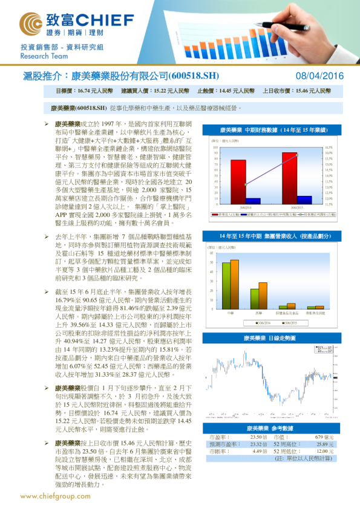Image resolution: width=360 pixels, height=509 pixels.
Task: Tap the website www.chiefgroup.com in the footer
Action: (x=55, y=496)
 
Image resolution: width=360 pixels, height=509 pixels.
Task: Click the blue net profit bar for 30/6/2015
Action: (x=304, y=199)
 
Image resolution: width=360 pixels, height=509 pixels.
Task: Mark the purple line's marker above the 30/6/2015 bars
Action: (x=296, y=155)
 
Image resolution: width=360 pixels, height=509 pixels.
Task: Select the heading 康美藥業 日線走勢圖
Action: (x=269, y=339)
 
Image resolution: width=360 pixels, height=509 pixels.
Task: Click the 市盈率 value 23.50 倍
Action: (x=258, y=436)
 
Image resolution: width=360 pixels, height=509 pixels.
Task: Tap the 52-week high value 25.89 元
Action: (x=324, y=444)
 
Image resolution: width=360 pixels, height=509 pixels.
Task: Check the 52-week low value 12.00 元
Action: (x=324, y=451)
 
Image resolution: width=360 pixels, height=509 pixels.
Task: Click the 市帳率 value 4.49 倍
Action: (x=260, y=451)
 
